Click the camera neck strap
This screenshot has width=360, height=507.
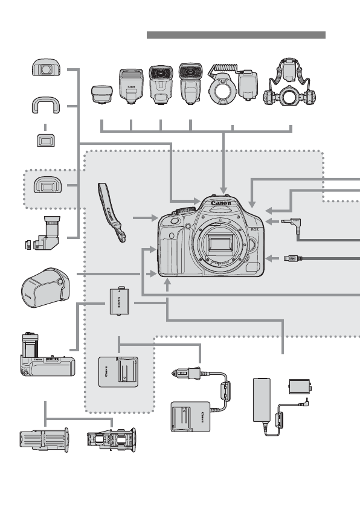(112, 214)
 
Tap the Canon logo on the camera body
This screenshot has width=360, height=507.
(221, 203)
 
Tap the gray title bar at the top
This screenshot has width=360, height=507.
(236, 35)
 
